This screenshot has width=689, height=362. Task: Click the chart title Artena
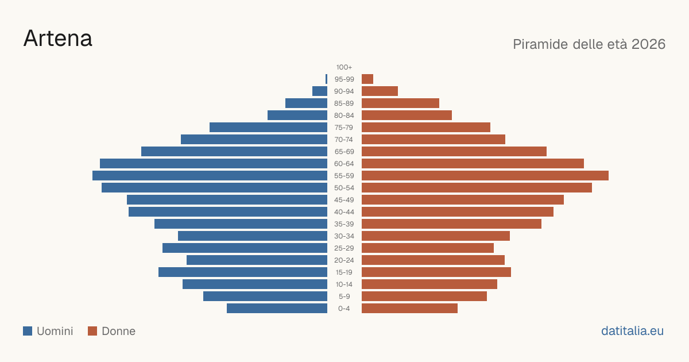(x=58, y=38)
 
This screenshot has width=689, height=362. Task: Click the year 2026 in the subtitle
(x=648, y=44)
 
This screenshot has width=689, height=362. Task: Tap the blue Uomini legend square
(x=28, y=331)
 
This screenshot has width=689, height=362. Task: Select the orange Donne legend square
(x=92, y=331)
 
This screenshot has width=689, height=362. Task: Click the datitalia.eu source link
(x=632, y=331)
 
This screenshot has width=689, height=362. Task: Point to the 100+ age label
(x=344, y=67)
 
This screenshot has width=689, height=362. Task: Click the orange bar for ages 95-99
(x=367, y=79)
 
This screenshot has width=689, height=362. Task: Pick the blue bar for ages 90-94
(x=320, y=91)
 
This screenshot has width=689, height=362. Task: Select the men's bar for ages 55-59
(x=210, y=175)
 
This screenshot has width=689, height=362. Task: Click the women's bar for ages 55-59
(x=485, y=175)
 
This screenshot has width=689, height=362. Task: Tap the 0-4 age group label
(x=344, y=309)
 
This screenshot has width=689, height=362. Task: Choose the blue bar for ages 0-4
(x=277, y=309)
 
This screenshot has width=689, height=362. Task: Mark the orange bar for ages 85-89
(x=401, y=103)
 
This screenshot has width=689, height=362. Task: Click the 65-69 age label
(x=344, y=152)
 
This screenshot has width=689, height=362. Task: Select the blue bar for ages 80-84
(x=297, y=115)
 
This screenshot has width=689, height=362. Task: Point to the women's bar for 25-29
(x=428, y=248)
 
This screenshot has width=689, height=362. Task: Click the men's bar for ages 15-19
(x=243, y=272)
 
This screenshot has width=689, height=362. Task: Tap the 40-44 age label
(x=344, y=212)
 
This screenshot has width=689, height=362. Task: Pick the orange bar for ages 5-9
(x=424, y=296)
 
